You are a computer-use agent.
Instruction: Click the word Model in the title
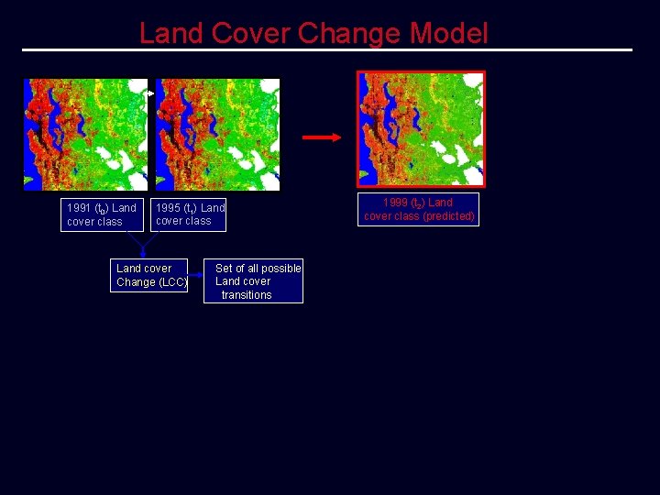pyautogui.click(x=449, y=34)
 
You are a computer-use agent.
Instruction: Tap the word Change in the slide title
pyautogui.click(x=349, y=34)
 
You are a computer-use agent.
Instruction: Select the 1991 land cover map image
pyautogui.click(x=85, y=134)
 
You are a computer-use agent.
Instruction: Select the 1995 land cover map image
pyautogui.click(x=217, y=134)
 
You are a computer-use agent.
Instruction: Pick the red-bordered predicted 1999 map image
pyautogui.click(x=421, y=128)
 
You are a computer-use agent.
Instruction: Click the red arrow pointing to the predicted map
pyautogui.click(x=321, y=137)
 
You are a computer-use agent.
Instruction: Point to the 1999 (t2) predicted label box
pyautogui.click(x=419, y=209)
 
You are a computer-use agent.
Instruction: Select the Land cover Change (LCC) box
pyautogui.click(x=150, y=275)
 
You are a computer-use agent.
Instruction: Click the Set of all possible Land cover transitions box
pyautogui.click(x=256, y=280)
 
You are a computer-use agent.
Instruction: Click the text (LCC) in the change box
pyautogui.click(x=173, y=282)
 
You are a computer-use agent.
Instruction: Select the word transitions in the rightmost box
pyautogui.click(x=247, y=295)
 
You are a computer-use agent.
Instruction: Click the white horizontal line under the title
pyautogui.click(x=327, y=49)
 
